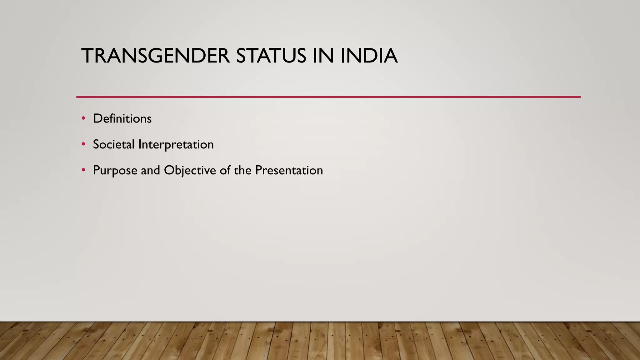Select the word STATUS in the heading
(x=271, y=56)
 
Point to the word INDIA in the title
(x=369, y=56)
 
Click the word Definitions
(x=122, y=119)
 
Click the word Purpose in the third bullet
(x=115, y=171)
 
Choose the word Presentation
(x=289, y=171)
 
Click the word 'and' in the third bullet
(x=150, y=171)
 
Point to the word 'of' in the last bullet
(x=225, y=171)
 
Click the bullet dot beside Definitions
(x=83, y=118)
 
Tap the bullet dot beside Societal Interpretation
(x=83, y=144)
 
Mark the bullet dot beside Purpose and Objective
(x=83, y=170)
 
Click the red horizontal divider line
(x=328, y=97)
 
